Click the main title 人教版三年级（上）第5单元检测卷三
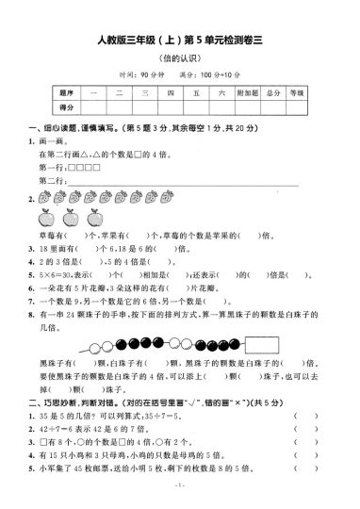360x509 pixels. pyautogui.click(x=180, y=39)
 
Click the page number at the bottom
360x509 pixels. pyautogui.click(x=180, y=498)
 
